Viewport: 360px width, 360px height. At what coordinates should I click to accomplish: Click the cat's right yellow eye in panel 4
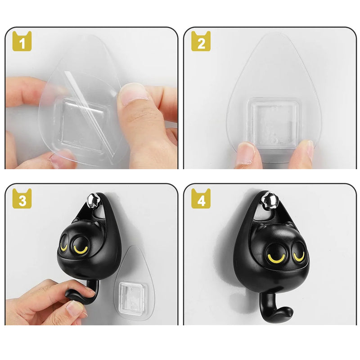point(299,256)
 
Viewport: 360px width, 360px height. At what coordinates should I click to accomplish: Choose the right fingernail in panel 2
point(306,148)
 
